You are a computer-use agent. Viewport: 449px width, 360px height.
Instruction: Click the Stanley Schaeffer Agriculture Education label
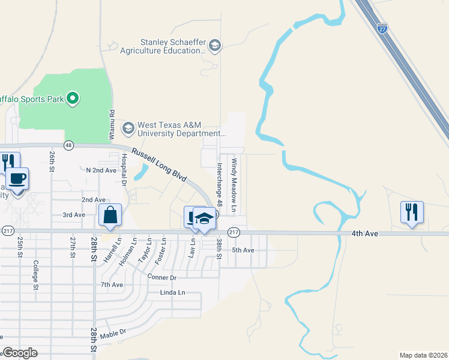point(172,46)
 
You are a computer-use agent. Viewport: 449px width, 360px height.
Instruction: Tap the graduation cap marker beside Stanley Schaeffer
point(215,46)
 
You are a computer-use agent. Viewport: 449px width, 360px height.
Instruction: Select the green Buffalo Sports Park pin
point(73,97)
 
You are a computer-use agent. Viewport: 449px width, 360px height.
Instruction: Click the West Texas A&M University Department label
point(181,130)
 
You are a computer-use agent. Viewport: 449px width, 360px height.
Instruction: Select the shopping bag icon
point(110,215)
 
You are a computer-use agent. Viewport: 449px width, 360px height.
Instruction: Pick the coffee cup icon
point(17,179)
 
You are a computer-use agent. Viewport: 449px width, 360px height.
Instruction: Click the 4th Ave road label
point(366,233)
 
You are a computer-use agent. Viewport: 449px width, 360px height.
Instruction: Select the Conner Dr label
point(162,277)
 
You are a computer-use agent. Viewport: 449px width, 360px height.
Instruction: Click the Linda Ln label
point(173,292)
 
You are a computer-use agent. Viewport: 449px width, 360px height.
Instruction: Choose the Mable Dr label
point(113,333)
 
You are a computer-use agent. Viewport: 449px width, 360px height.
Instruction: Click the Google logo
point(20,353)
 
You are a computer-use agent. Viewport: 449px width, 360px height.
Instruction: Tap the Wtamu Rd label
point(112,125)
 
